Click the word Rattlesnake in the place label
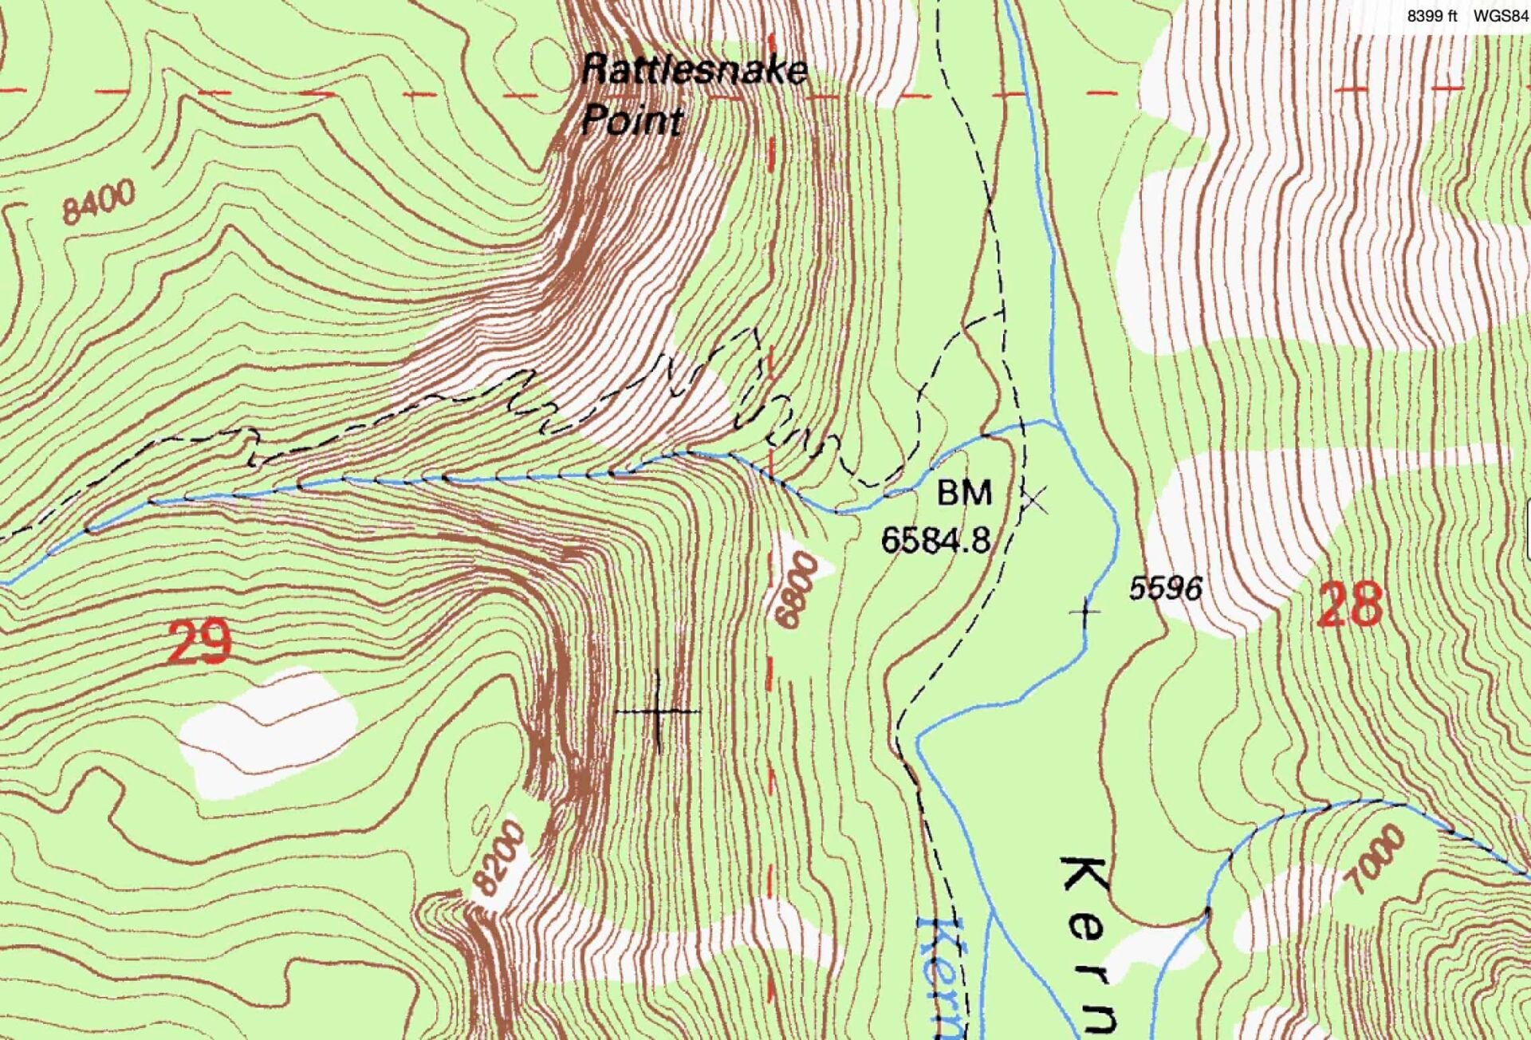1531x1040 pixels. pos(694,70)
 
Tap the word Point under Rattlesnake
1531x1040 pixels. pos(632,120)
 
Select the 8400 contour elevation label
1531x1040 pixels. pos(99,202)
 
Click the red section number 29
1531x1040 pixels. pos(199,644)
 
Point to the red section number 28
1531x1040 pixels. pos(1349,605)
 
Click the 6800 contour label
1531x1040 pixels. pos(796,591)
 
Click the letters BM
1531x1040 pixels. pos(964,494)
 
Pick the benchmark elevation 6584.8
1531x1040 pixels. pos(935,541)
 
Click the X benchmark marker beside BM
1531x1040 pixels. pos(1035,501)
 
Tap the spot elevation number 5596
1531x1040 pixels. pos(1165,589)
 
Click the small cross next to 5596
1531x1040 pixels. pos(1084,612)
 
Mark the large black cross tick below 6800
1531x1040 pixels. pos(658,711)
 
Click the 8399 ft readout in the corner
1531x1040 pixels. pos(1431,16)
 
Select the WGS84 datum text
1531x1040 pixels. pos(1500,16)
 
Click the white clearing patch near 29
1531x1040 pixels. pos(267,731)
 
